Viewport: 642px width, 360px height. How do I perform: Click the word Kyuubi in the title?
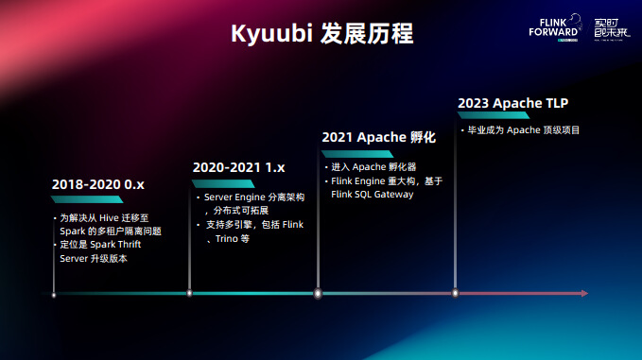point(269,34)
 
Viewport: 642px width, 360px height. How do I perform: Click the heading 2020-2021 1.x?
point(238,167)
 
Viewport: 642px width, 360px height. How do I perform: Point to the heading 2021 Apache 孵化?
point(378,137)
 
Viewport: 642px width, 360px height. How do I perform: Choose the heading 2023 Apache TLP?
point(513,103)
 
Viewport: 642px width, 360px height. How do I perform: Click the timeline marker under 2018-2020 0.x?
point(54,294)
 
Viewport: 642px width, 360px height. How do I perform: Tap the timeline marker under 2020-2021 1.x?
point(190,293)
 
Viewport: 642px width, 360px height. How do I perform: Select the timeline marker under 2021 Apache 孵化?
point(318,293)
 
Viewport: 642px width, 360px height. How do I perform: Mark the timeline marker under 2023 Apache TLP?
point(456,293)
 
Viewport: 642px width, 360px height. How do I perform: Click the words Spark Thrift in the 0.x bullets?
point(115,245)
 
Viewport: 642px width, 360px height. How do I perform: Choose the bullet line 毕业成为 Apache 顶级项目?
point(524,129)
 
